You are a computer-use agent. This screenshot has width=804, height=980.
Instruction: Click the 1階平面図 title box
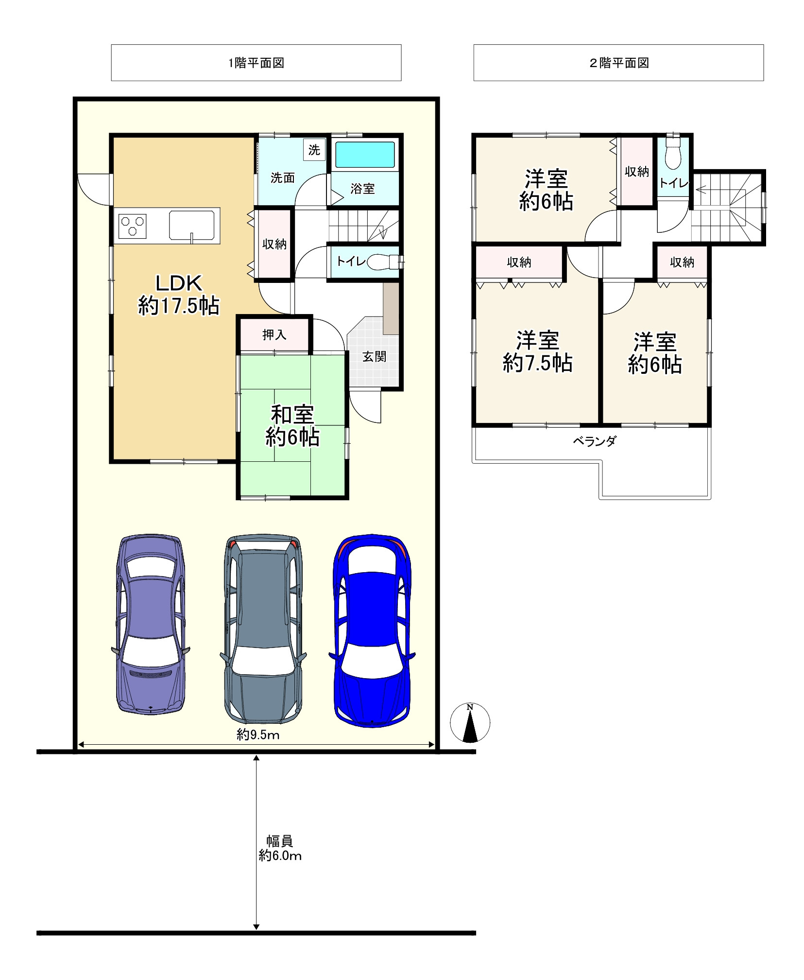(x=256, y=63)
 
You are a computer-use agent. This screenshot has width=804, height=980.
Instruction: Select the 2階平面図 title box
(x=618, y=63)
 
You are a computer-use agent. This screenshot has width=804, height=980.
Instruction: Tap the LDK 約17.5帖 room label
(x=179, y=295)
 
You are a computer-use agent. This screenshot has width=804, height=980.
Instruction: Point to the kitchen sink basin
(x=191, y=226)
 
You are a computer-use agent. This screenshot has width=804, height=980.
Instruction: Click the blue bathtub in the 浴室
(x=365, y=155)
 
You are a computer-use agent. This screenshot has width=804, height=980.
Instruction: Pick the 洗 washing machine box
(x=314, y=150)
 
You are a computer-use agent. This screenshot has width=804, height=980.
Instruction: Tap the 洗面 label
(x=283, y=178)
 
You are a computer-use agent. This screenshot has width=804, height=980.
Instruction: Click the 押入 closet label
(x=274, y=334)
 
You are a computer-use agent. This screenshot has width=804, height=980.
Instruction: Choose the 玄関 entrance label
(x=375, y=357)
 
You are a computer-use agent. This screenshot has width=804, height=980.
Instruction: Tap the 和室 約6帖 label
(x=292, y=426)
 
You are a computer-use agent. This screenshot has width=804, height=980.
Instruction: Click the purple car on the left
(x=151, y=624)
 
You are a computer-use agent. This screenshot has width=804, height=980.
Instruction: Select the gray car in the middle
(x=263, y=629)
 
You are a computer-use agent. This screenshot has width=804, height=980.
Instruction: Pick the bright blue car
(x=372, y=631)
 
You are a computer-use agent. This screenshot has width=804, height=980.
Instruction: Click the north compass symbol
(x=470, y=722)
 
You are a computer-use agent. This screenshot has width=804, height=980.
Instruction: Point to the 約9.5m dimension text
(x=258, y=735)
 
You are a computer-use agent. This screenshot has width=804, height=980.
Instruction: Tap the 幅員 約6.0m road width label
(x=280, y=848)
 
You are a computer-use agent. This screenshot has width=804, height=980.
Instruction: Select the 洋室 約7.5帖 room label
(x=538, y=352)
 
